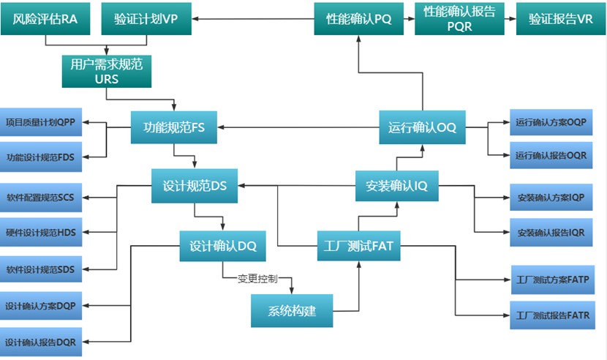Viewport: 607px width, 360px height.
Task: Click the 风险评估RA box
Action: click(x=45, y=19)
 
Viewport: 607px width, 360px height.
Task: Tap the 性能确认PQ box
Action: click(x=358, y=19)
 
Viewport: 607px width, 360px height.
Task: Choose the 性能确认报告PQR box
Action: click(x=459, y=19)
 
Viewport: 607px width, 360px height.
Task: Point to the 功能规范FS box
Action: click(x=173, y=127)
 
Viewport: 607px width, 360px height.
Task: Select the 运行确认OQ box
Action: click(x=422, y=127)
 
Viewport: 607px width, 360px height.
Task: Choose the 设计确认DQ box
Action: click(x=222, y=246)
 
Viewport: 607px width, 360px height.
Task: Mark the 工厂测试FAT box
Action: click(x=359, y=246)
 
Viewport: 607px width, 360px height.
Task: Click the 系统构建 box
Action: click(x=292, y=310)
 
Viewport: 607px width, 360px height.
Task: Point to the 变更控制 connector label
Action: click(x=257, y=278)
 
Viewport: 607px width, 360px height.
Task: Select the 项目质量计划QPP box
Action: click(x=41, y=121)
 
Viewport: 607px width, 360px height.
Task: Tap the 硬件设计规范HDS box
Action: click(x=41, y=233)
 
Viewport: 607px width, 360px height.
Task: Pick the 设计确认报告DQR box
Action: click(x=41, y=342)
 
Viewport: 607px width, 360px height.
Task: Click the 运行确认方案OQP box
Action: click(x=550, y=121)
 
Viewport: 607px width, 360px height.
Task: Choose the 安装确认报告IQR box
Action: click(x=550, y=233)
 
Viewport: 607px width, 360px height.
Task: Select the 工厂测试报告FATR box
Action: click(x=551, y=316)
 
